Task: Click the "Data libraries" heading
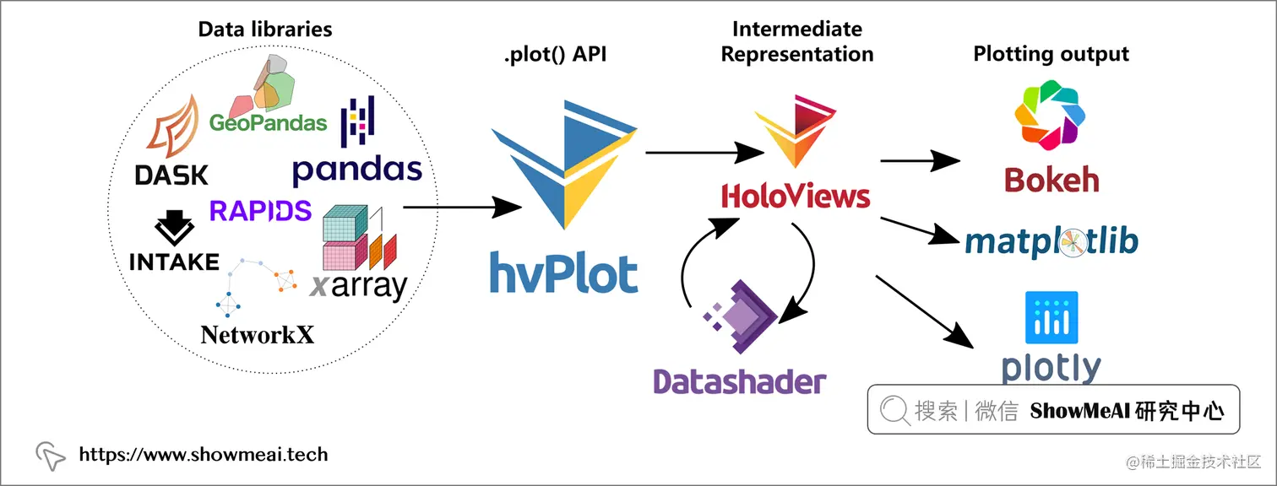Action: (x=265, y=29)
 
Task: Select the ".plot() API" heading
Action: (x=555, y=54)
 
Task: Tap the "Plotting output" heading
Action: (x=1051, y=54)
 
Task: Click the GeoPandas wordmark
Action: (x=268, y=122)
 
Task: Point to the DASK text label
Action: (x=171, y=175)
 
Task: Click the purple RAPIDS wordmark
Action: (x=260, y=211)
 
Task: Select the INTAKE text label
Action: (x=174, y=262)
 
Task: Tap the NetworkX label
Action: (x=257, y=335)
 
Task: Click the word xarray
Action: (x=359, y=286)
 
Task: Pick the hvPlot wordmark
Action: (x=564, y=273)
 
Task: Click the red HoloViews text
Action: (x=796, y=196)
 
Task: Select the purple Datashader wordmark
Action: (x=739, y=381)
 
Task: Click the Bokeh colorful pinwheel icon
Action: (x=1050, y=115)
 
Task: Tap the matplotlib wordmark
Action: (x=1051, y=241)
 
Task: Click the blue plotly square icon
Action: (x=1051, y=317)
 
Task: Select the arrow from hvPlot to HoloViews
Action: (x=704, y=152)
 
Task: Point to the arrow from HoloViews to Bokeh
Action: (x=920, y=160)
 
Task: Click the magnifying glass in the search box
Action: (x=894, y=410)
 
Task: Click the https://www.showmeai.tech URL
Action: (x=204, y=454)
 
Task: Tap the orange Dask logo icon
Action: (x=174, y=127)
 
